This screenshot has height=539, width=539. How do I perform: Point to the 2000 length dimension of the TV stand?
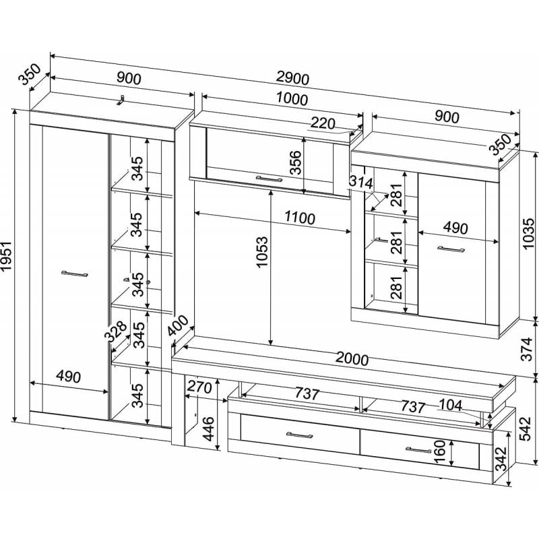click(x=351, y=360)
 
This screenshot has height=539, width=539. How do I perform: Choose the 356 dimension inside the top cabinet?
click(x=295, y=162)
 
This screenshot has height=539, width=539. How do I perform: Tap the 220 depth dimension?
click(x=323, y=123)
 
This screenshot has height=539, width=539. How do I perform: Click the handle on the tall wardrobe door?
click(x=74, y=274)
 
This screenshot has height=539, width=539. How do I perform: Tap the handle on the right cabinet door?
click(x=451, y=249)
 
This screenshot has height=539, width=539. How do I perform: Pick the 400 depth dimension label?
click(x=179, y=329)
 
